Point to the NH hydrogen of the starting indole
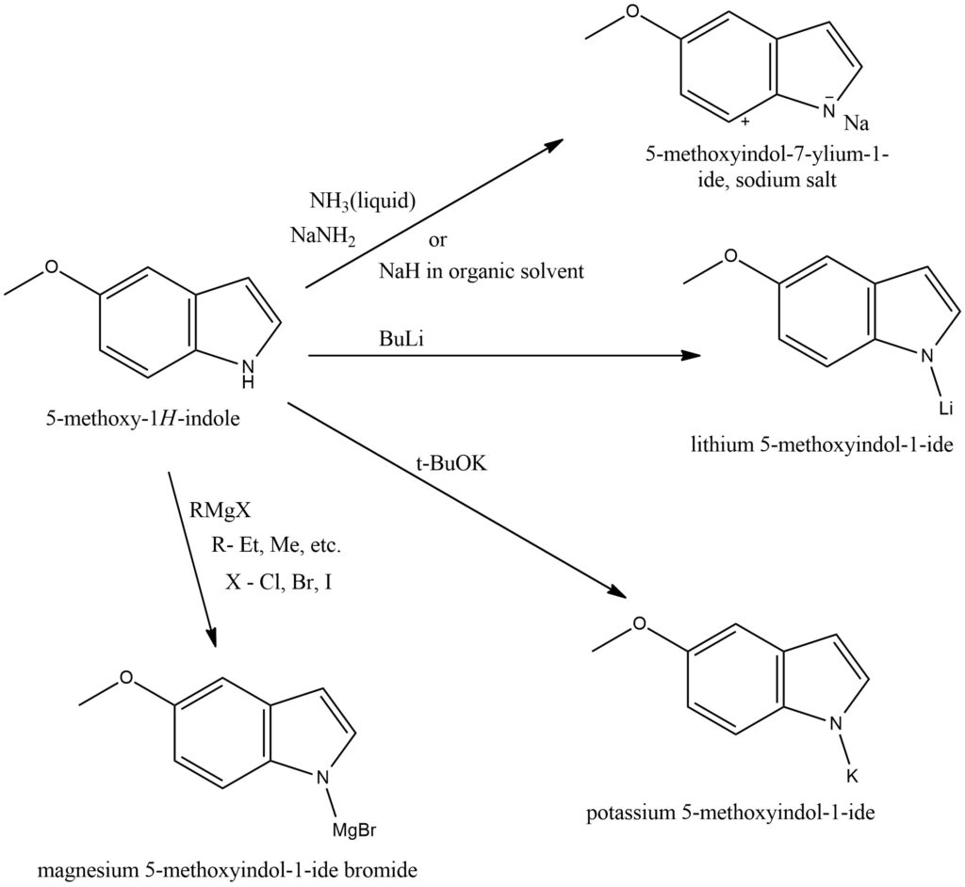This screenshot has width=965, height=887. click(x=247, y=382)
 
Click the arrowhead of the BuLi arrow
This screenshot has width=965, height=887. click(x=693, y=356)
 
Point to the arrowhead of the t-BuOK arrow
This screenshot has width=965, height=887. click(x=616, y=592)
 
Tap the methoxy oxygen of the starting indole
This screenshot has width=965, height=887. click(x=53, y=267)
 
